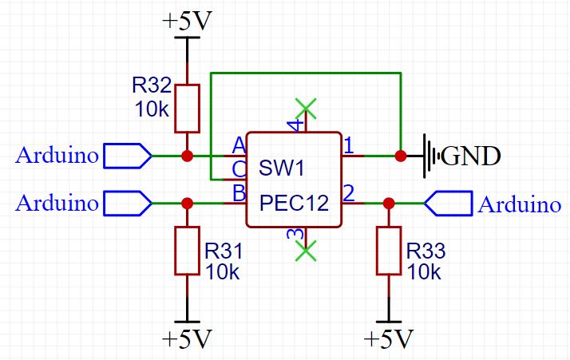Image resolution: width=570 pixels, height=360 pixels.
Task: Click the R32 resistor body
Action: pos(187,108)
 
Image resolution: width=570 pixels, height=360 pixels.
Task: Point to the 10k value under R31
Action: pos(223,271)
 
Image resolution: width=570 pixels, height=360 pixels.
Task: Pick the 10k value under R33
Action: pos(425,271)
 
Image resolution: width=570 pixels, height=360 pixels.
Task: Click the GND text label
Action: pos(471,156)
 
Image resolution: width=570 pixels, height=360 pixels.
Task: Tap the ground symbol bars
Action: pos(432,155)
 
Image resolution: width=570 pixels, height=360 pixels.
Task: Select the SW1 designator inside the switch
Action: pos(282,169)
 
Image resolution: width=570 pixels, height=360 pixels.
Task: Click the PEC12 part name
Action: pos(293,204)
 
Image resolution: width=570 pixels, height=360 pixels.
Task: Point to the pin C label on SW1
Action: pos(238,168)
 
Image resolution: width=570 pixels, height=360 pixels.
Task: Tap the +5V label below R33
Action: pos(389,338)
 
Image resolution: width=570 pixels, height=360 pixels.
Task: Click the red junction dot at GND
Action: pos(400,156)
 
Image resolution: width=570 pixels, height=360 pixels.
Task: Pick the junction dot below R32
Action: pos(187,156)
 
